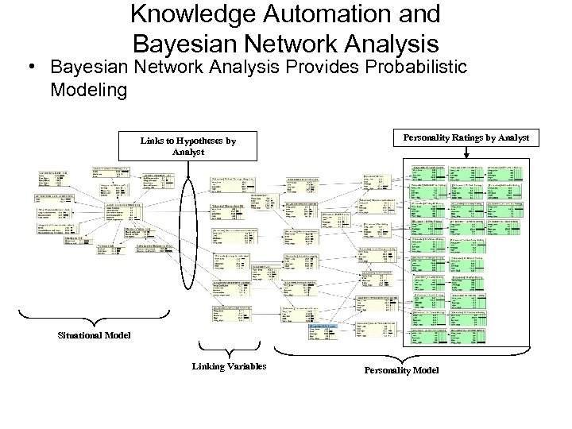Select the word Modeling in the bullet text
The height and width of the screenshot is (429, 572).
pyautogui.click(x=87, y=90)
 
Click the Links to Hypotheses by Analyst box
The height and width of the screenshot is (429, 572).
pyautogui.click(x=188, y=145)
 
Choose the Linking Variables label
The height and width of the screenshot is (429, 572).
pyautogui.click(x=228, y=365)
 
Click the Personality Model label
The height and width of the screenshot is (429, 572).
pyautogui.click(x=400, y=370)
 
